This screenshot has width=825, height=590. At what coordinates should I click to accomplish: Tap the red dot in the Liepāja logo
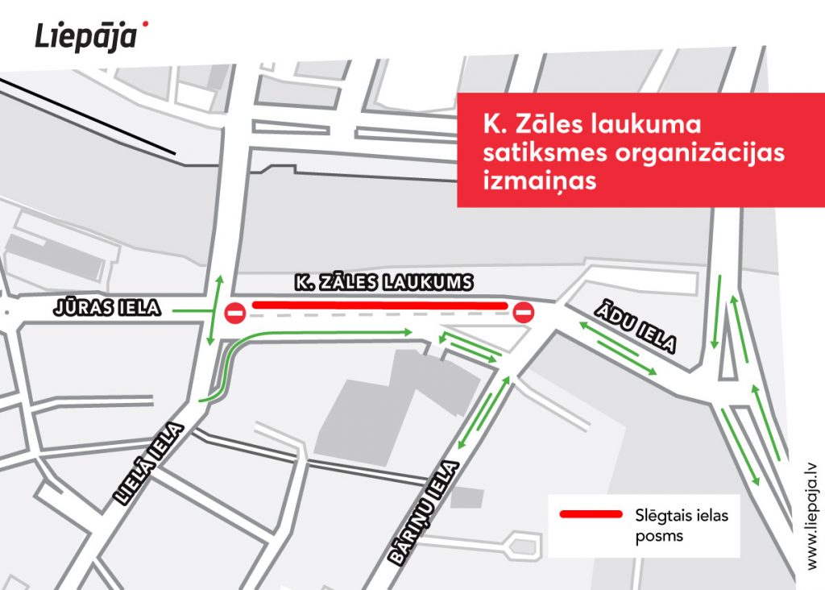144,25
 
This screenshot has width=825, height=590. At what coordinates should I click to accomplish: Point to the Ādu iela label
636,326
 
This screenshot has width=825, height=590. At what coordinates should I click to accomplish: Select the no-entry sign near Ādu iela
523,312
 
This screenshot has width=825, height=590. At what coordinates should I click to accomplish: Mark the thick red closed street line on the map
379,305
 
